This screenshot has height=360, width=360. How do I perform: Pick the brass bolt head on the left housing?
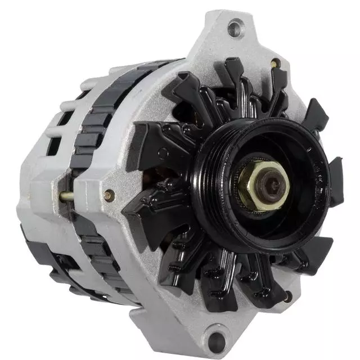pyautogui.click(x=109, y=196)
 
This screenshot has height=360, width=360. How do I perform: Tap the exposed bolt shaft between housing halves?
pyautogui.click(x=66, y=196)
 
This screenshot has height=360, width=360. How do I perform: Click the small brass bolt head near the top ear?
pyautogui.click(x=275, y=64)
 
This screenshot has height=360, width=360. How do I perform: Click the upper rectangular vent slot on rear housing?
pyautogui.click(x=65, y=118)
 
